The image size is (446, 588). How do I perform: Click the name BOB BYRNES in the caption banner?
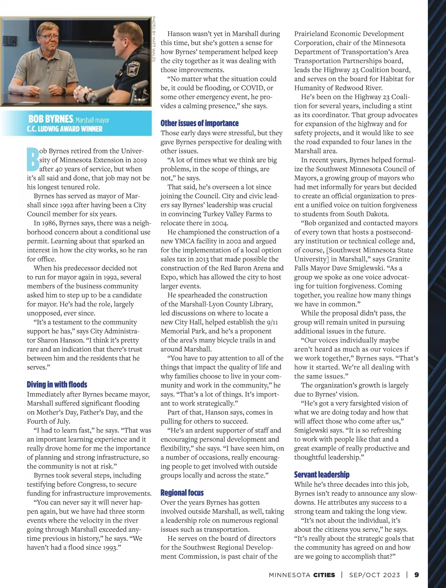51,119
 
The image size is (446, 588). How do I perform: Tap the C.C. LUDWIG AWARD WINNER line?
65,129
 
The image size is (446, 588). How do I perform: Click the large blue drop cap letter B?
33,159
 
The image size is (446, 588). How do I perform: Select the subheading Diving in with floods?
57,384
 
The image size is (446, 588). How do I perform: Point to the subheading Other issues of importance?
200,123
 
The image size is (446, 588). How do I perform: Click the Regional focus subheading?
182,493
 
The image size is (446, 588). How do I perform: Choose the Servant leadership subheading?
322,475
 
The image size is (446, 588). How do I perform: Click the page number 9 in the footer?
417,575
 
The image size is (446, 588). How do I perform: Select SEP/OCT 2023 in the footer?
375,575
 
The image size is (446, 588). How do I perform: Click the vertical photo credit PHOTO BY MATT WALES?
153,39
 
